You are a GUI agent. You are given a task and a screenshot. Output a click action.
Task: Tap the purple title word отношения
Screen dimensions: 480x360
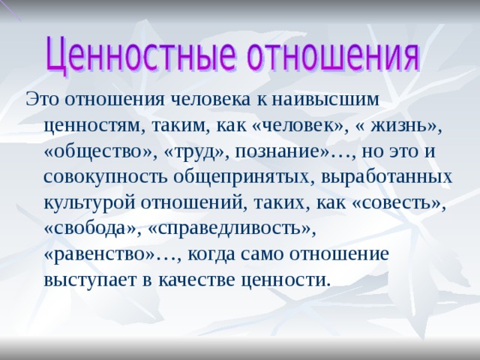point(333,55)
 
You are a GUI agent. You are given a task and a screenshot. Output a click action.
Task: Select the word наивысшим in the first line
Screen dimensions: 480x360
point(325,100)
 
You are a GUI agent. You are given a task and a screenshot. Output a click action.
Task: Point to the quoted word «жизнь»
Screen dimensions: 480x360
point(399,126)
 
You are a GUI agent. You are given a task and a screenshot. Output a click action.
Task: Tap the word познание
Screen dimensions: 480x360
point(277,152)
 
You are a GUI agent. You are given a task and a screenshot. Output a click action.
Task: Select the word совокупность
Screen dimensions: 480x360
point(106,178)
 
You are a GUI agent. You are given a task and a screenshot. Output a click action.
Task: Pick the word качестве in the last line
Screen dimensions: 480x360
point(198,280)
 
